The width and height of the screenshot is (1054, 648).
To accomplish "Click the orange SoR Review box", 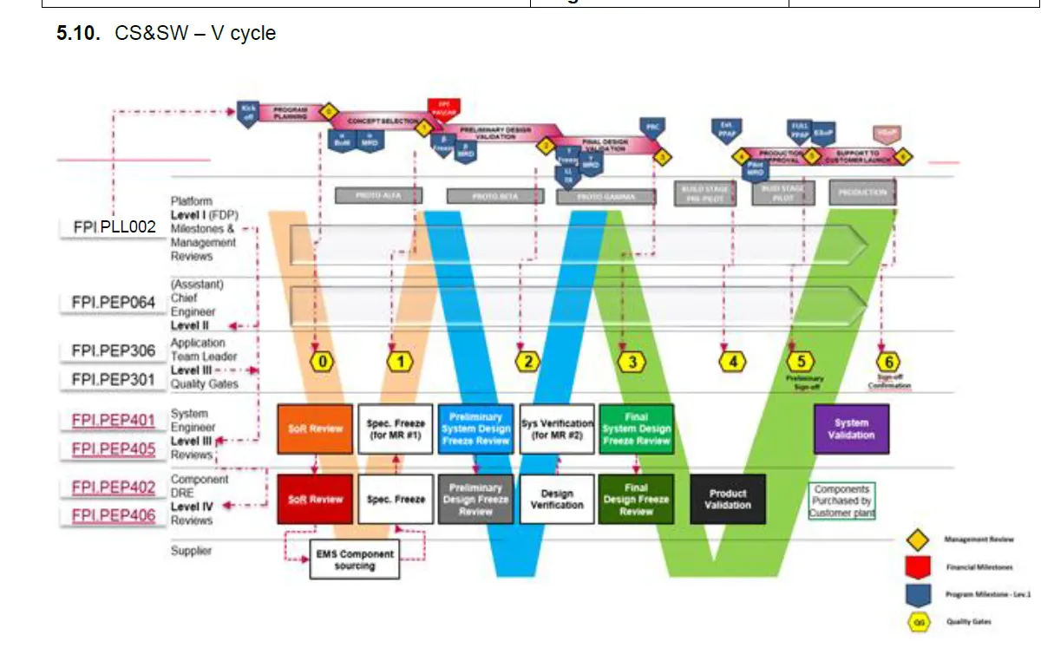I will click(315, 429).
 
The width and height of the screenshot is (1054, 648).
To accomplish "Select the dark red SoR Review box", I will click(315, 499).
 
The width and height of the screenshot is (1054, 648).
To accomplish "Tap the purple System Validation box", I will click(851, 429).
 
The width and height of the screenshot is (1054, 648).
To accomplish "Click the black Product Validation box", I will click(728, 499).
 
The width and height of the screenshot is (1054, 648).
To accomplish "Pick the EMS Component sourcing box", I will click(354, 560).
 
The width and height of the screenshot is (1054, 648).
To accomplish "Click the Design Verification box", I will click(557, 499).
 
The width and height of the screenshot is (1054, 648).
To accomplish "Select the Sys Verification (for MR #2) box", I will click(557, 429).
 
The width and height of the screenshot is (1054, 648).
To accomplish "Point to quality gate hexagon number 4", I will click(733, 361).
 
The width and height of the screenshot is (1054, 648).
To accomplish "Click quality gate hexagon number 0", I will click(322, 361).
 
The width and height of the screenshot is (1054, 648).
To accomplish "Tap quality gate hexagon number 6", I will click(887, 362).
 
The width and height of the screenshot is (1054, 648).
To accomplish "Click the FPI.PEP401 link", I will click(114, 421).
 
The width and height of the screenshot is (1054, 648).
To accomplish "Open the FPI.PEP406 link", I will click(114, 516).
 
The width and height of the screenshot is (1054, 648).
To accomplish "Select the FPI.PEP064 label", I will click(114, 303).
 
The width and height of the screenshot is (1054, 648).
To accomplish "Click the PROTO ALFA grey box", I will click(379, 196).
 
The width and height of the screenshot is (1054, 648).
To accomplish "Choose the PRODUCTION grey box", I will click(862, 193).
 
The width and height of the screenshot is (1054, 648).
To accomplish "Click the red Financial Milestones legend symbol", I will click(918, 567).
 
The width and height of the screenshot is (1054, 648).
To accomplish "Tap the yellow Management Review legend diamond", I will click(918, 540).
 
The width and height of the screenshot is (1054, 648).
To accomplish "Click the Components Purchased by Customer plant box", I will click(841, 501).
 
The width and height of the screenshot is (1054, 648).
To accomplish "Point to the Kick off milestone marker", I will click(249, 113).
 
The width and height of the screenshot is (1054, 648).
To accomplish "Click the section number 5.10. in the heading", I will click(79, 34).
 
